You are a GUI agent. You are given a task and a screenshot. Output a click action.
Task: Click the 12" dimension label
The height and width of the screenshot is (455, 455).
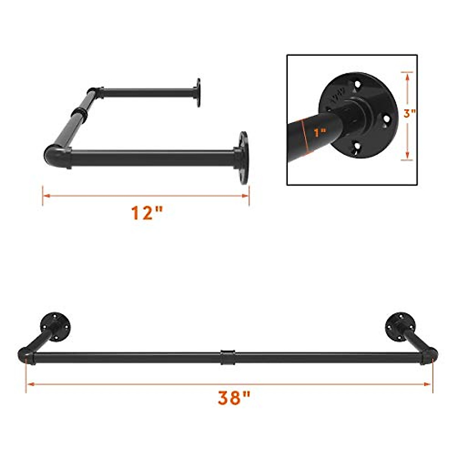click(x=146, y=213)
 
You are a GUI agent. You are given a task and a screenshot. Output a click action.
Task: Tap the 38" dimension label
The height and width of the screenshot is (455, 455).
click(x=234, y=399)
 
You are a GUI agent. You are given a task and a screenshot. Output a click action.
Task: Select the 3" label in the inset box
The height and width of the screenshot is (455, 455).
click(x=409, y=114)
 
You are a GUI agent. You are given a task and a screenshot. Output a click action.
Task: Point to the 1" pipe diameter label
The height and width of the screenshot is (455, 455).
click(x=320, y=133)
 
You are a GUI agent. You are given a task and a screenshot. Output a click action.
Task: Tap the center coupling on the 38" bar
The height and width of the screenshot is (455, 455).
click(x=227, y=357)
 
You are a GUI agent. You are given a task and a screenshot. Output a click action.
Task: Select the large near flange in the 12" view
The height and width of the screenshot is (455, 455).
click(x=243, y=157)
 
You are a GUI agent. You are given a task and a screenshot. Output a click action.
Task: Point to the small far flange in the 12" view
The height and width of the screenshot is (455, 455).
click(x=198, y=93)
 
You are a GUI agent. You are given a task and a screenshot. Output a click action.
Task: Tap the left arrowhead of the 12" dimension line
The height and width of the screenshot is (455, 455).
click(x=45, y=196)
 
